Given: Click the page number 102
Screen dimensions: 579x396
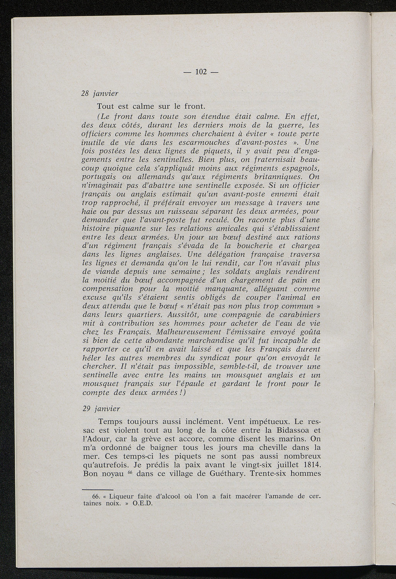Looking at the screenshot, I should pyautogui.click(x=201, y=72).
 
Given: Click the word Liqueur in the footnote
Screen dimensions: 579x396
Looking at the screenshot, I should pyautogui.click(x=122, y=496).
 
